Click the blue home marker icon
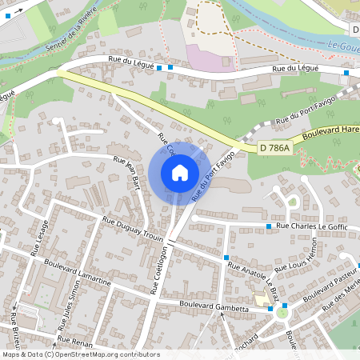(x=180, y=173)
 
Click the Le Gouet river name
(x=344, y=48)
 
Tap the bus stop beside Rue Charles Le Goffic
(x=269, y=227)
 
